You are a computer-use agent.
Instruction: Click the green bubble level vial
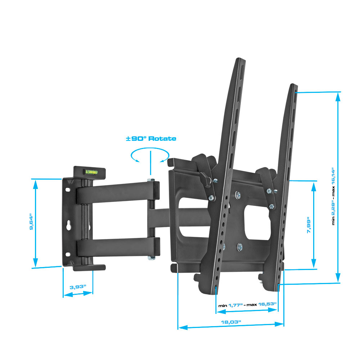click(x=91, y=171)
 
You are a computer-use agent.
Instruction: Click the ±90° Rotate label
click(x=151, y=139)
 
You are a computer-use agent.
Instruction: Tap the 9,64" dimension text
click(x=31, y=222)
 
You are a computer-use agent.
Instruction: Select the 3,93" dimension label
click(x=78, y=287)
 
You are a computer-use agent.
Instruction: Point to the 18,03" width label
click(x=231, y=322)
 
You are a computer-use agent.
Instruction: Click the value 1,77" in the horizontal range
click(x=235, y=305)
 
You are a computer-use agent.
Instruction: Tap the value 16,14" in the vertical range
click(x=333, y=176)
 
